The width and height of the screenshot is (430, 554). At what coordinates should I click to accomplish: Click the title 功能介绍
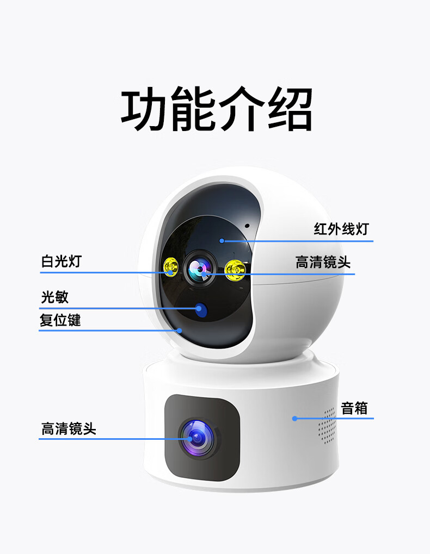pyautogui.click(x=217, y=109)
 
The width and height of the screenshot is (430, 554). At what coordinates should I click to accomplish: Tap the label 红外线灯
pyautogui.click(x=342, y=229)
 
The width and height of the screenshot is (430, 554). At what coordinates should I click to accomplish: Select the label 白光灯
pyautogui.click(x=62, y=262)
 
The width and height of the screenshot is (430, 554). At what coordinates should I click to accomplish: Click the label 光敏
pyautogui.click(x=55, y=297)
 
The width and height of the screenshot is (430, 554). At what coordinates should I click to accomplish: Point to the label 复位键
pyautogui.click(x=60, y=320)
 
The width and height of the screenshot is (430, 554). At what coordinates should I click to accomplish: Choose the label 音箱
pyautogui.click(x=354, y=408)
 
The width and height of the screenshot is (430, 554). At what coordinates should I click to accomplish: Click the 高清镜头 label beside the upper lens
pyautogui.click(x=323, y=262)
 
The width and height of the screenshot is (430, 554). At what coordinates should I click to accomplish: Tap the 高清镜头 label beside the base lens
pyautogui.click(x=69, y=428)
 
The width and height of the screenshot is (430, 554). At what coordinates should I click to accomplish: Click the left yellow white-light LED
pyautogui.click(x=171, y=267)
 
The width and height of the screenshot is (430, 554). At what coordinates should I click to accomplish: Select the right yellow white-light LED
pyautogui.click(x=235, y=270)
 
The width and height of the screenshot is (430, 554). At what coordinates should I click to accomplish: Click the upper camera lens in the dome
pyautogui.click(x=200, y=269)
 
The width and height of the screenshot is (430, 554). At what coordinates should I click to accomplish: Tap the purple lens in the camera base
pyautogui.click(x=198, y=438)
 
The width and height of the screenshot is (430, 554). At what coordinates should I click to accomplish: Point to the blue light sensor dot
pyautogui.click(x=201, y=310)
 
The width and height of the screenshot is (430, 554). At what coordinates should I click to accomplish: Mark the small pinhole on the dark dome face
pyautogui.click(x=247, y=226)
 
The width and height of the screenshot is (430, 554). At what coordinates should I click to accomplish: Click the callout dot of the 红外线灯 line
pyautogui.click(x=222, y=241)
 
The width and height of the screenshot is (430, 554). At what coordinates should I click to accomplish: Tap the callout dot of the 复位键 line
pyautogui.click(x=179, y=331)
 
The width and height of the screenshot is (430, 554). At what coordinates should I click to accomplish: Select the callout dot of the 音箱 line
pyautogui.click(x=294, y=419)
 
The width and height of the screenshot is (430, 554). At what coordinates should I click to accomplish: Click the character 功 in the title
pyautogui.click(x=143, y=109)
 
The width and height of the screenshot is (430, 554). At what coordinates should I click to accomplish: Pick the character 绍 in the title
pyautogui.click(x=290, y=109)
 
